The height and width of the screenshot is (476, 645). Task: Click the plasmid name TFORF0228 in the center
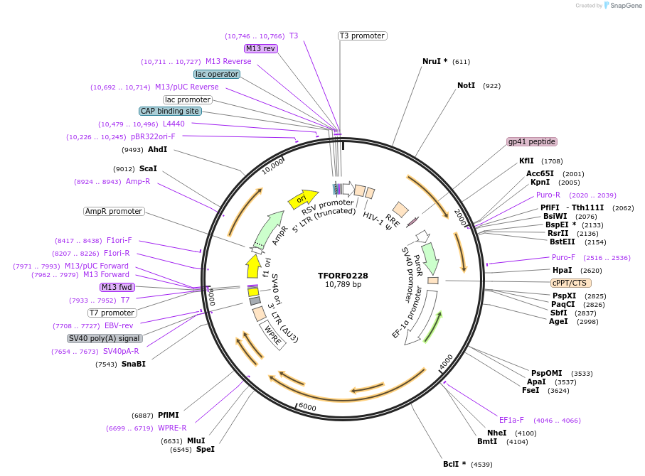tap(343, 276)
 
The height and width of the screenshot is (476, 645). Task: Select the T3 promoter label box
tap(362, 36)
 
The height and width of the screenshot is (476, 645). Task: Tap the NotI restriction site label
tap(466, 85)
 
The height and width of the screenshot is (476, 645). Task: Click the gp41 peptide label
tap(532, 141)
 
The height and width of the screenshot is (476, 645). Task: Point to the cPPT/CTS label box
tap(570, 282)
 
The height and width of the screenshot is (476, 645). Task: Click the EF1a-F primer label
tap(511, 420)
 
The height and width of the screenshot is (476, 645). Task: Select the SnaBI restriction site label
tap(133, 364)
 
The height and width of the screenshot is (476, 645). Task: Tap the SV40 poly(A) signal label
tap(105, 338)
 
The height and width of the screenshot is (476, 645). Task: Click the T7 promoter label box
tap(112, 313)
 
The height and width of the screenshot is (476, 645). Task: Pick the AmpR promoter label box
tap(114, 211)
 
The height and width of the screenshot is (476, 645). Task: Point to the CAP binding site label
tap(170, 111)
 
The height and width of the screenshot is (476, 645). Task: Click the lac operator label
tap(217, 74)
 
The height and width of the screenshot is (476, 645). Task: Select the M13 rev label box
tap(260, 48)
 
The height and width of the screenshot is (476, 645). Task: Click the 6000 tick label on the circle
tap(307, 406)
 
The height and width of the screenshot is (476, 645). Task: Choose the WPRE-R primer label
tap(172, 428)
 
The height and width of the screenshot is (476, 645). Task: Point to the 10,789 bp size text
tap(343, 285)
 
